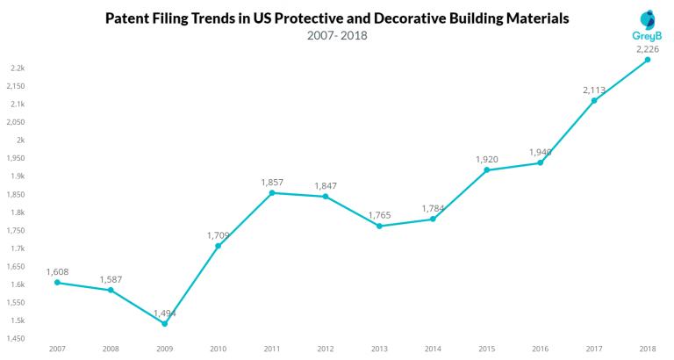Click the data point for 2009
tap(164, 323)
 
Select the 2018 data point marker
tap(648, 60)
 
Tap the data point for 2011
tap(272, 192)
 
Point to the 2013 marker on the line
tap(379, 226)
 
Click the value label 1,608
tap(57, 271)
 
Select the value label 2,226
tap(649, 49)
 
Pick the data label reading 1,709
tap(219, 234)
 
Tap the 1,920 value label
tap(487, 159)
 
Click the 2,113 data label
tap(594, 90)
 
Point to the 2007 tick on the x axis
tap(57, 349)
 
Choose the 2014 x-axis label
tap(433, 349)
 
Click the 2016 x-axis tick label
tap(541, 349)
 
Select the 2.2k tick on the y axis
tap(18, 68)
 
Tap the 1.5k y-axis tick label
tap(18, 320)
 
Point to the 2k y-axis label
tap(21, 140)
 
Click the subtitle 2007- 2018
tap(337, 36)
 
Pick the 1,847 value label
tap(326, 185)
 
